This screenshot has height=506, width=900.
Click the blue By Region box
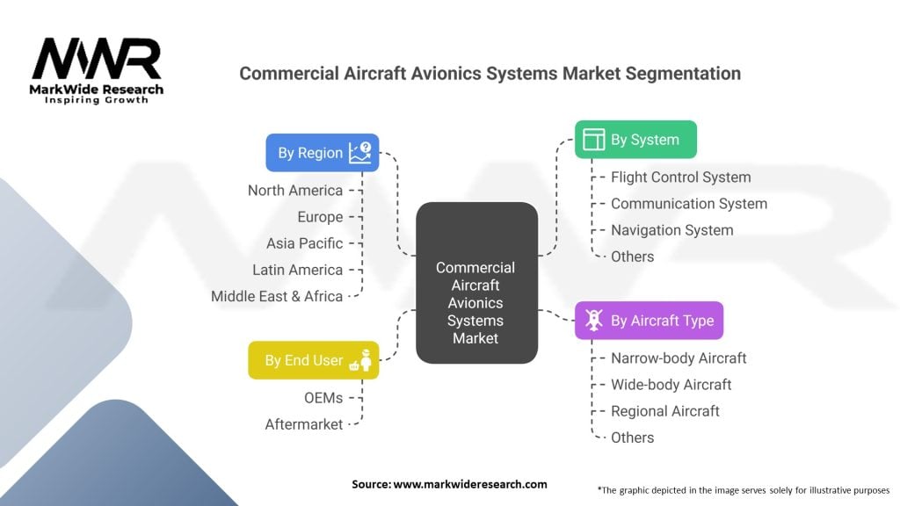coord(322,153)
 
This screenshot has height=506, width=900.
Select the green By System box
coord(636,140)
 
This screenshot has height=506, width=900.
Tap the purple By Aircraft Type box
coord(650,320)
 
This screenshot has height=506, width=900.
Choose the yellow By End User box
coord(314,360)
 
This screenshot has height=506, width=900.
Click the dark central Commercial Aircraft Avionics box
coord(477,283)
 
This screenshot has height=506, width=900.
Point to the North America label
coord(295,191)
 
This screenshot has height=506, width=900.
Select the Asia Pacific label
coord(304,243)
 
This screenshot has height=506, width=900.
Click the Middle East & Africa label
coord(277,296)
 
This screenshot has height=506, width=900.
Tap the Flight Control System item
coord(681,177)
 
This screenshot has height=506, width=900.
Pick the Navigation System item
coord(672,230)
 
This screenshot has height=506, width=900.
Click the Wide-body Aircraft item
coord(671,385)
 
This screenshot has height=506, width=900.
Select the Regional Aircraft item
coord(665,411)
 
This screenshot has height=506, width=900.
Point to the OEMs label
coord(323,398)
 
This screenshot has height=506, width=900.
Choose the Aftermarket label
coord(303,424)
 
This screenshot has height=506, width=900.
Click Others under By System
coord(632,257)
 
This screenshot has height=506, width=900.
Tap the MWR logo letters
coord(97,59)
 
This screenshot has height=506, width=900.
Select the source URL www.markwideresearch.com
coord(470,484)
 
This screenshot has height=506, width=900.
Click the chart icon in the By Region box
coord(359,153)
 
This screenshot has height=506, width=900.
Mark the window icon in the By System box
coord(593,140)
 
